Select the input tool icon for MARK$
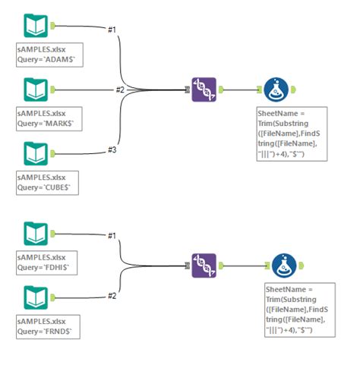pyautogui.click(x=35, y=90)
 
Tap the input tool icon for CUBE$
pyautogui.click(x=35, y=154)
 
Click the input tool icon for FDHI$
pyautogui.click(x=35, y=234)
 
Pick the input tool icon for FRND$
pyautogui.click(x=35, y=297)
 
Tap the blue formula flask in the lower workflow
pyautogui.click(x=285, y=266)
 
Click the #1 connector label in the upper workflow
pyautogui.click(x=112, y=29)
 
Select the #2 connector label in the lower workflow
pyautogui.click(x=112, y=296)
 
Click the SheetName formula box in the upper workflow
pyautogui.click(x=292, y=133)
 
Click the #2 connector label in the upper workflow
pyautogui.click(x=120, y=90)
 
